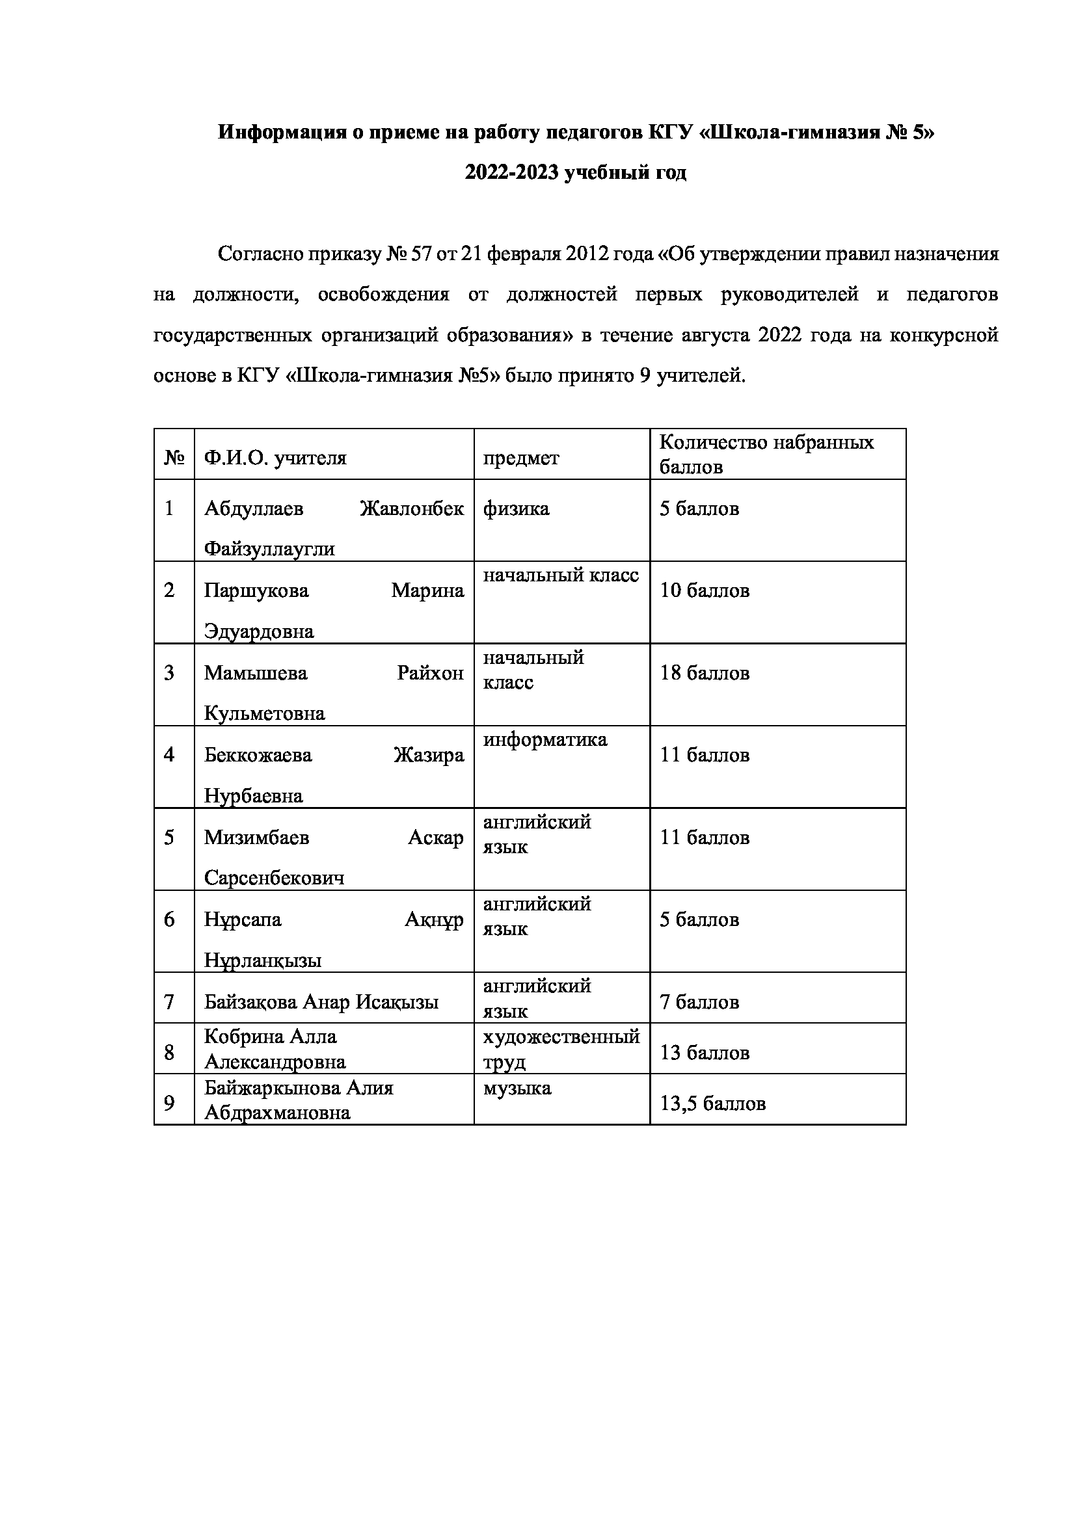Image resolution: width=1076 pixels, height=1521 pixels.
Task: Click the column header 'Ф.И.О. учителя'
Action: [275, 458]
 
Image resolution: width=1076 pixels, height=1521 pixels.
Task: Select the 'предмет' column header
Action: [521, 458]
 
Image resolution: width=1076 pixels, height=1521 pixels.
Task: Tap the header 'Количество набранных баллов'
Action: [766, 454]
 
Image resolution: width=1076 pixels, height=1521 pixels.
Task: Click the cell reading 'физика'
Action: [516, 509]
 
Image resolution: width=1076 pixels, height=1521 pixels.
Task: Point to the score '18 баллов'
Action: [705, 673]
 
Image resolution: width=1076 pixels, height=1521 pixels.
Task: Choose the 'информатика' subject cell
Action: [545, 739]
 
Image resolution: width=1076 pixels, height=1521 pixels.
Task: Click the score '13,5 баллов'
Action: [712, 1103]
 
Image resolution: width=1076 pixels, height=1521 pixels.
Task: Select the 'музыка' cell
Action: [517, 1088]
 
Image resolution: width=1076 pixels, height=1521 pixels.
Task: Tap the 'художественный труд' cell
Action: [561, 1049]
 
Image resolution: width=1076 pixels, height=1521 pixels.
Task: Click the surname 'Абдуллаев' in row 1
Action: [254, 509]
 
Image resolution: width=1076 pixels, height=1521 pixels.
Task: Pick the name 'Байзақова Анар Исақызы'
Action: [321, 1001]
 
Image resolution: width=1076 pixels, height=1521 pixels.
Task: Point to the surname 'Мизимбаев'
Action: [256, 838]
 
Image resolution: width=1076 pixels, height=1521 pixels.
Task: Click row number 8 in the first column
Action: [170, 1052]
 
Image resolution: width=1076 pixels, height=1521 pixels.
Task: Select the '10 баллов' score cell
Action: [705, 590]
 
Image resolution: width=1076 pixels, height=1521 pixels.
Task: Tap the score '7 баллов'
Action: [699, 1001]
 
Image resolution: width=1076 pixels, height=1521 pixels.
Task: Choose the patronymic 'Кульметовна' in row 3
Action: [264, 713]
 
